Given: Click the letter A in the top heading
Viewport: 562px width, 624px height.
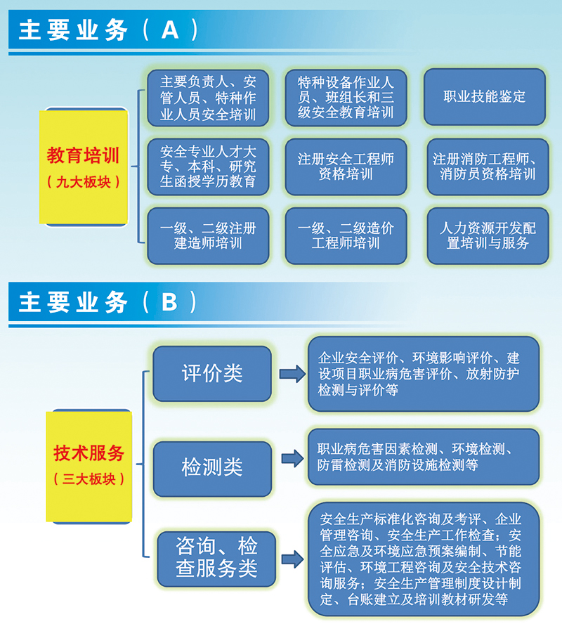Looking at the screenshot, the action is click(170, 30).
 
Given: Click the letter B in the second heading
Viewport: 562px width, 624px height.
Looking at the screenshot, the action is click(169, 302).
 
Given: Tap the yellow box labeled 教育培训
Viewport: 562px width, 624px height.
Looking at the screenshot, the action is click(84, 167).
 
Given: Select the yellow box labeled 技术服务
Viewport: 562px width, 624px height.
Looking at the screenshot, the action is click(89, 466).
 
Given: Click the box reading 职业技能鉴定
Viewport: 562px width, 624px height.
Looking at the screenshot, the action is click(485, 97).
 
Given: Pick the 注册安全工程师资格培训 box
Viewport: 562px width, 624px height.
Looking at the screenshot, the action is click(346, 167).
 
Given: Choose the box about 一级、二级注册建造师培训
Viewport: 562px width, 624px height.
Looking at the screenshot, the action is click(208, 235).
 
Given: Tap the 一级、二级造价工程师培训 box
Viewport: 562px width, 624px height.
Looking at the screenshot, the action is click(346, 235).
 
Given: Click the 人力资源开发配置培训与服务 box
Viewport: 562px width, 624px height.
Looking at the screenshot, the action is click(488, 235).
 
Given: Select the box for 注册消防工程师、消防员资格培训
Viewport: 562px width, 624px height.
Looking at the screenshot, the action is click(488, 167).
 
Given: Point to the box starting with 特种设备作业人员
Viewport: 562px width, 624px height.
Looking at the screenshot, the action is click(346, 98).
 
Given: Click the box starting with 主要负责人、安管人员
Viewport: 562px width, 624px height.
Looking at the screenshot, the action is click(208, 98).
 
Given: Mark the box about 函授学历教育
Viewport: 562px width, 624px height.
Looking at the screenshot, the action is click(208, 167).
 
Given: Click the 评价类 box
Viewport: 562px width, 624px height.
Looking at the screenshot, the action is click(212, 373).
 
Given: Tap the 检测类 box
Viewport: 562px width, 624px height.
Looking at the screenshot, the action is click(212, 469).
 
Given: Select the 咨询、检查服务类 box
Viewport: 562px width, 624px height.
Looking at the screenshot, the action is click(216, 559).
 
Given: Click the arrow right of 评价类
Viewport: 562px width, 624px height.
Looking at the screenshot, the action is click(292, 374).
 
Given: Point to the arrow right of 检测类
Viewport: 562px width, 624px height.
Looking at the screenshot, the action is click(293, 458).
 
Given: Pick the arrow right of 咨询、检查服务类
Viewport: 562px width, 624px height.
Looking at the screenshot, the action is click(293, 559).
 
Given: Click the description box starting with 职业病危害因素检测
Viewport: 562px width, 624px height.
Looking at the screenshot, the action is click(423, 457).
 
